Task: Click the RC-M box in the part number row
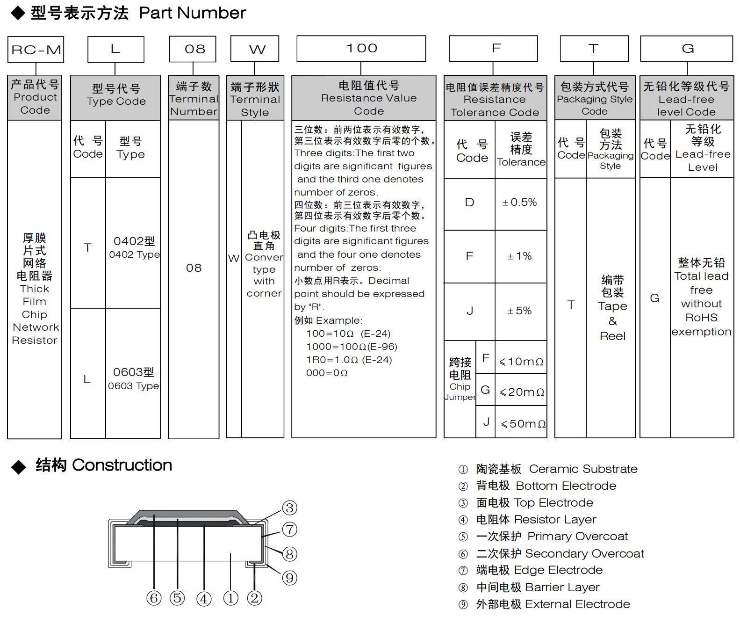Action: pyautogui.click(x=36, y=50)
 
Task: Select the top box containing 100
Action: pyautogui.click(x=361, y=49)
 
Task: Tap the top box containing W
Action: pyautogui.click(x=255, y=49)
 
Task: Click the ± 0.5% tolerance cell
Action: pyautogui.click(x=519, y=203)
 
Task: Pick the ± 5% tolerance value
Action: pyautogui.click(x=519, y=311)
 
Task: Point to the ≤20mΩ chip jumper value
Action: pyautogui.click(x=522, y=392)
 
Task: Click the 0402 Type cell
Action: pyautogui.click(x=134, y=247)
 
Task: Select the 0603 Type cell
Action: pyautogui.click(x=133, y=378)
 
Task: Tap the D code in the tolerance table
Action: pyautogui.click(x=469, y=203)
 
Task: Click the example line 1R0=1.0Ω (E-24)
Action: pyautogui.click(x=349, y=360)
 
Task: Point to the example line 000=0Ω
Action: pyautogui.click(x=327, y=373)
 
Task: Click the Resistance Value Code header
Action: pyautogui.click(x=368, y=98)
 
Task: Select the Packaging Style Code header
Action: pyautogui.click(x=594, y=99)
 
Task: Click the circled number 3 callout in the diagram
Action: pyautogui.click(x=289, y=508)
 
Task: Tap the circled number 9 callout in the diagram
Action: pyautogui.click(x=289, y=578)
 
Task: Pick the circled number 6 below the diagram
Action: pyautogui.click(x=154, y=598)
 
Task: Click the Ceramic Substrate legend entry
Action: pyautogui.click(x=556, y=469)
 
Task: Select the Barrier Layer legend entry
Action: pyautogui.click(x=538, y=588)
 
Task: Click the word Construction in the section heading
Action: pyautogui.click(x=122, y=465)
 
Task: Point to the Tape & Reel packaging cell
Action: pyautogui.click(x=612, y=307)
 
